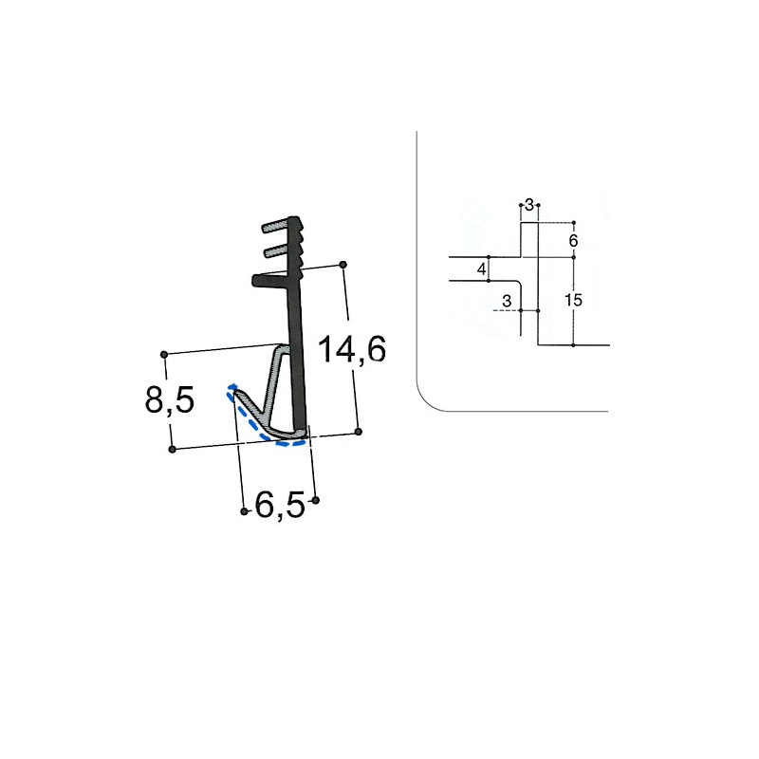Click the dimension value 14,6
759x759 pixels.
click(x=352, y=350)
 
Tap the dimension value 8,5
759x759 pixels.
click(x=170, y=400)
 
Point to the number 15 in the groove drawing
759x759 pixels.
click(x=572, y=301)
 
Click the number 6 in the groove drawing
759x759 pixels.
click(x=573, y=241)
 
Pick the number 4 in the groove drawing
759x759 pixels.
click(x=482, y=270)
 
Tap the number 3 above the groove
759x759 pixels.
click(x=529, y=204)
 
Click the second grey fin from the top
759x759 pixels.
click(x=276, y=250)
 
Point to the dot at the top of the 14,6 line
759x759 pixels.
click(x=343, y=264)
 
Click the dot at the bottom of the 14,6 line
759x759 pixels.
click(x=359, y=432)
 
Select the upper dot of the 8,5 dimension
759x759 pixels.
click(x=165, y=354)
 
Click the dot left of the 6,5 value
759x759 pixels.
click(x=245, y=511)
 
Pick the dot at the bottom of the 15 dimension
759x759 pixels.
click(x=573, y=345)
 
